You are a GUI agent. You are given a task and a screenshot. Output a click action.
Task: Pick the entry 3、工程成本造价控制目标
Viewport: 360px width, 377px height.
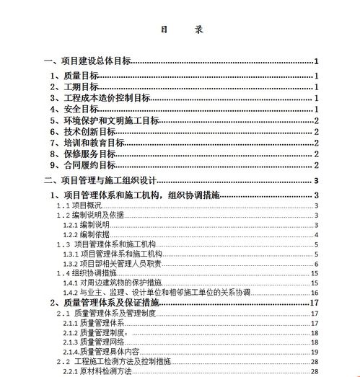pyautogui.click(x=101, y=98)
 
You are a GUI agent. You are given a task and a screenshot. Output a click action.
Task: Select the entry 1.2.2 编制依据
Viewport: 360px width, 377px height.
pyautogui.click(x=86, y=234)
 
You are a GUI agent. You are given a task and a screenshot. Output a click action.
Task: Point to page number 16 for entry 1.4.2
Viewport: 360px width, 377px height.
pyautogui.click(x=315, y=293)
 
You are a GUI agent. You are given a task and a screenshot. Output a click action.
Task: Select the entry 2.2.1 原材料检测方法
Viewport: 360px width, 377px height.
pyautogui.click(x=97, y=371)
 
